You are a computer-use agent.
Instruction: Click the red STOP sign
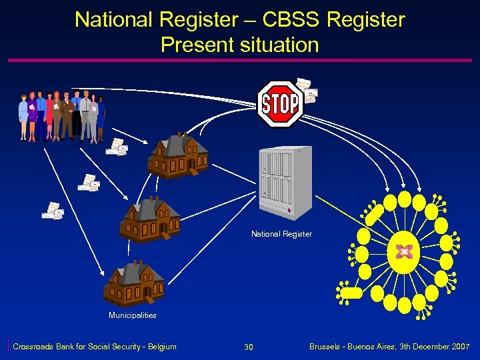point(280,104)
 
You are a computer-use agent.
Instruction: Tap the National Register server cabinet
point(285,183)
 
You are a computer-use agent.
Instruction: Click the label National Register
point(281,234)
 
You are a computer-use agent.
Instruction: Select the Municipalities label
point(133,315)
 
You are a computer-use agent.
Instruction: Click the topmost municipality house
point(177,155)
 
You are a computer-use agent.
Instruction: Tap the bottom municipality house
point(135,283)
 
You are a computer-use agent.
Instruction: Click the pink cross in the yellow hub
point(403,251)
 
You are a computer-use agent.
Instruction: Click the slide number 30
point(249,347)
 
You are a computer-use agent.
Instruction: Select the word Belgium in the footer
point(161,347)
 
